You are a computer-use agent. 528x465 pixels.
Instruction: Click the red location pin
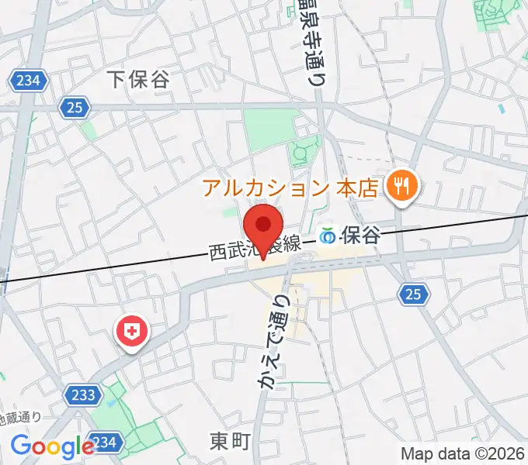263,226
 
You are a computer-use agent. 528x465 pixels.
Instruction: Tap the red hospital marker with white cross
133,332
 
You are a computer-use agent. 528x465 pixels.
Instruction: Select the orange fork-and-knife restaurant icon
402,185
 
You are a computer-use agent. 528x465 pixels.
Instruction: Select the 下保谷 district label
138,78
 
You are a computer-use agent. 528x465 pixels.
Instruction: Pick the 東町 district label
230,442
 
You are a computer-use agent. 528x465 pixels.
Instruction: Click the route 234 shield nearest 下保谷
30,79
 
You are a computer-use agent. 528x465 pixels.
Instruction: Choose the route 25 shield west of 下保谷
74,108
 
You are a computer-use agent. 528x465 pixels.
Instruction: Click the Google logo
52,447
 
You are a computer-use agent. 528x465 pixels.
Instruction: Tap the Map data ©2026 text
461,454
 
